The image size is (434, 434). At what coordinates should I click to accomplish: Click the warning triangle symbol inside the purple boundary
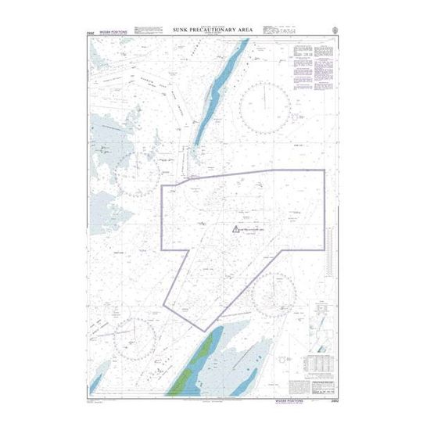(x=235, y=229)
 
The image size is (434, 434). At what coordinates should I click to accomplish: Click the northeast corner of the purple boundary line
(x=325, y=170)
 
